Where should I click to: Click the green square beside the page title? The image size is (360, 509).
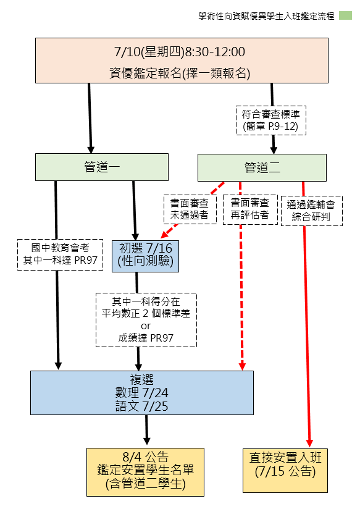pyautogui.click(x=345, y=15)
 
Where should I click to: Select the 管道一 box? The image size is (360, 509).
pyautogui.click(x=102, y=167)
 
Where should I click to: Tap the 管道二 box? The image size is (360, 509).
pyautogui.click(x=262, y=167)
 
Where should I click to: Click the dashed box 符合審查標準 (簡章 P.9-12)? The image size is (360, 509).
pyautogui.click(x=270, y=120)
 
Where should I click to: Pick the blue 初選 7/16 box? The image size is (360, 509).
pyautogui.click(x=146, y=256)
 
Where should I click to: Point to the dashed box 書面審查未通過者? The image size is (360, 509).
pyautogui.click(x=190, y=209)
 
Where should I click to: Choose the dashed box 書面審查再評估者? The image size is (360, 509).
pyautogui.click(x=250, y=209)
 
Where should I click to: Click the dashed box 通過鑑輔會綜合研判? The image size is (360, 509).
pyautogui.click(x=312, y=211)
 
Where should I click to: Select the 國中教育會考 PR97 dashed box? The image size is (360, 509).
pyautogui.click(x=60, y=255)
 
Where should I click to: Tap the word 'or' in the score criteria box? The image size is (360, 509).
pyautogui.click(x=146, y=326)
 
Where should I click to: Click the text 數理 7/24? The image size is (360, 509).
pyautogui.click(x=142, y=393)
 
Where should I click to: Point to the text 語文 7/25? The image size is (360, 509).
pyautogui.click(x=142, y=406)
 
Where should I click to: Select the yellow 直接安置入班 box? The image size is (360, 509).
pyautogui.click(x=285, y=471)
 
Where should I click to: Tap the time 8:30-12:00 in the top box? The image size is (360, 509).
pyautogui.click(x=215, y=52)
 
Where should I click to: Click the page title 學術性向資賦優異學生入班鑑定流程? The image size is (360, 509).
pyautogui.click(x=267, y=16)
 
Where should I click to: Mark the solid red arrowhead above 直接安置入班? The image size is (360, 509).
pyautogui.click(x=309, y=443)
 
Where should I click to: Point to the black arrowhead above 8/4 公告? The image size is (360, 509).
pyautogui.click(x=147, y=440)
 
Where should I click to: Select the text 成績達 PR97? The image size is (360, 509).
pyautogui.click(x=146, y=338)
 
